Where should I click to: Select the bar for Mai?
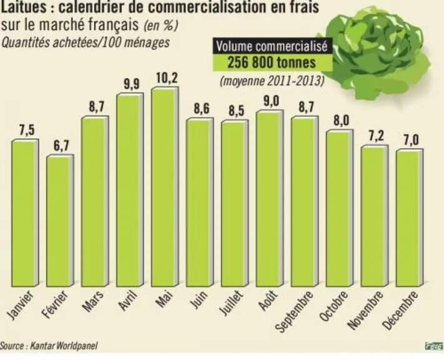coord(165,187)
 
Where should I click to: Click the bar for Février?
coord(60,221)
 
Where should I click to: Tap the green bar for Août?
coord(270,198)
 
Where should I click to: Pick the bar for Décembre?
coord(410,218)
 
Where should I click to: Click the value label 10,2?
coord(167,78)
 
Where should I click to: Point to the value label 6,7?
coord(61,146)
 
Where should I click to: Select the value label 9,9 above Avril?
coord(132,84)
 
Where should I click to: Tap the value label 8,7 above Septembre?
coord(307,107)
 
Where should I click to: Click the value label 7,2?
coord(377,136)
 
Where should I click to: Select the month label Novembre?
coord(366,311)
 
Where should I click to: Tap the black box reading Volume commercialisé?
coord(272,46)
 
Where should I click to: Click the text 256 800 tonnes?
coord(272,62)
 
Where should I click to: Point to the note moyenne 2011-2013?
coord(272,81)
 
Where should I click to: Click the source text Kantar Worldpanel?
coord(64,346)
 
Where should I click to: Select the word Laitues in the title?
coord(24,7)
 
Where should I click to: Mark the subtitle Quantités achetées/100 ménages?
coord(86,42)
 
